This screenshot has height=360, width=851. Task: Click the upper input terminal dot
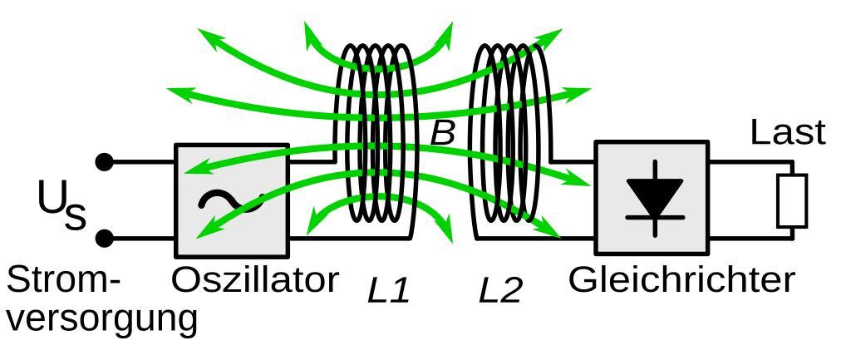coord(105,162)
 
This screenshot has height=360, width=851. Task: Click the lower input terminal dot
coord(105,239)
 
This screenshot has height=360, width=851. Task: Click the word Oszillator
coord(255,280)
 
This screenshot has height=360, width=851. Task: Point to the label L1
coord(389,290)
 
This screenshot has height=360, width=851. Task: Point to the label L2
coord(500,290)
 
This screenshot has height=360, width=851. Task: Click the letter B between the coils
coord(442,133)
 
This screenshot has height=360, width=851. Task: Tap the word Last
coord(788,133)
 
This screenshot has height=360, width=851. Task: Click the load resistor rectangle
coord(791,200)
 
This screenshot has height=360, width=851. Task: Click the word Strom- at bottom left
coord(63,281)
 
